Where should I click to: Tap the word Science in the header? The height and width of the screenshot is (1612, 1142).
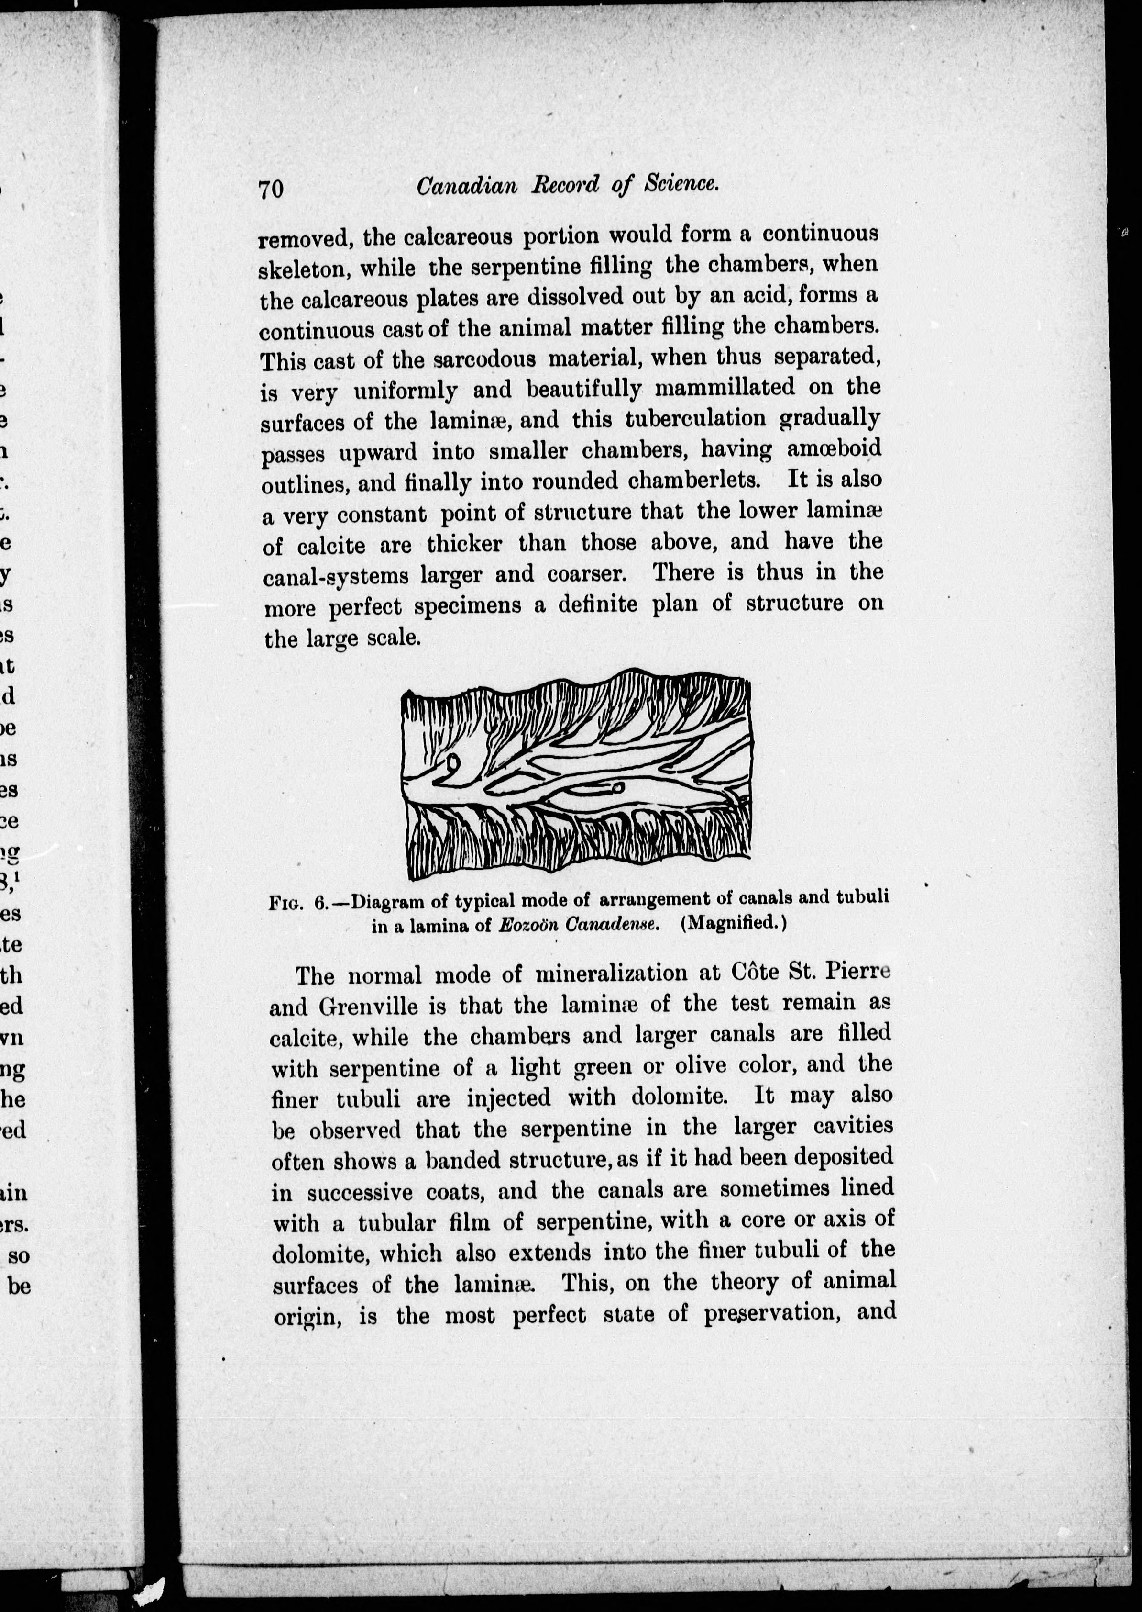(x=681, y=184)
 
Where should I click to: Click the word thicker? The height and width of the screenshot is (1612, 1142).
(x=464, y=544)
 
